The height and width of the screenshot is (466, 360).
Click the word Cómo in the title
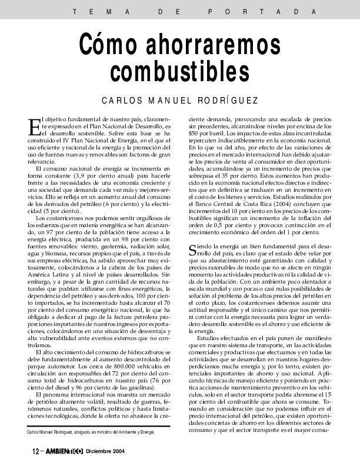110,45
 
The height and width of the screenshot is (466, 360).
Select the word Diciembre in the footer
99,452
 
